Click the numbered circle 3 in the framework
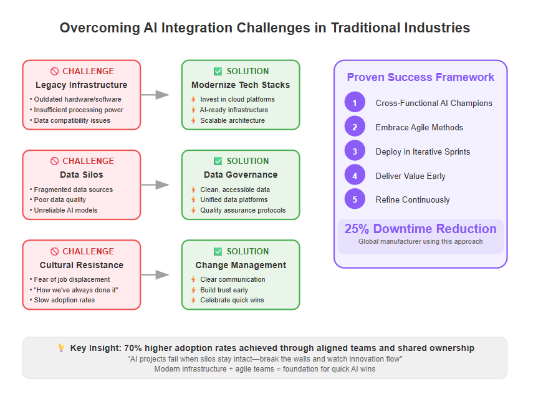coord(355,151)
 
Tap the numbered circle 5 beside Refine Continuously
coord(355,199)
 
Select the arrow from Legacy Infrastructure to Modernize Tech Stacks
coord(155,95)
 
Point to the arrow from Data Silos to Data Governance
coord(155,185)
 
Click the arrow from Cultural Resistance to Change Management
coord(155,274)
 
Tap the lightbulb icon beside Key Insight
coord(61,347)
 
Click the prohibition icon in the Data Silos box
coord(54,161)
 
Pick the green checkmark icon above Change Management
coord(218,251)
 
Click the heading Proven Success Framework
coord(421,77)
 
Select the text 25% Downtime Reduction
coord(421,229)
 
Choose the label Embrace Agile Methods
coord(419,127)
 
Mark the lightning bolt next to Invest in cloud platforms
coord(193,99)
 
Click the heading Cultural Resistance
coord(82,265)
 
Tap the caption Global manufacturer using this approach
coord(421,241)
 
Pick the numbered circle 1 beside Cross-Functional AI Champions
coord(355,102)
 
